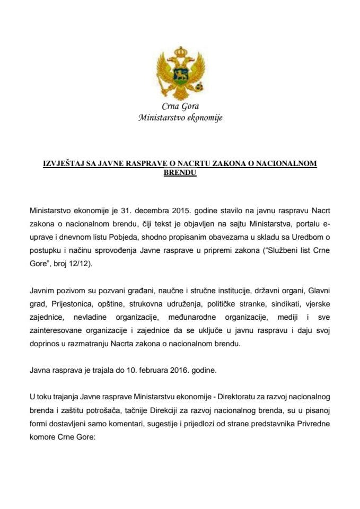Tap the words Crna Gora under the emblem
click(180, 107)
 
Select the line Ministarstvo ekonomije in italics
click(180, 118)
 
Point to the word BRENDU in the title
click(180, 172)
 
